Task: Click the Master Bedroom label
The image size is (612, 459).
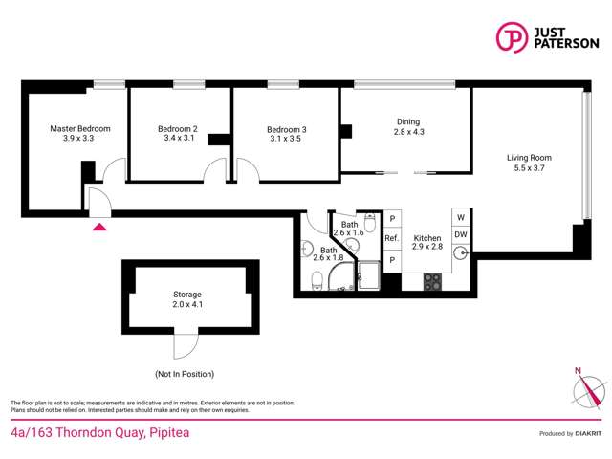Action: [x=80, y=128]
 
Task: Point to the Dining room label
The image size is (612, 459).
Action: [x=408, y=121]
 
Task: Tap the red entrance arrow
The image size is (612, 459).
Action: [x=98, y=226]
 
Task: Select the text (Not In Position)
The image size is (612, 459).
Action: [x=185, y=373]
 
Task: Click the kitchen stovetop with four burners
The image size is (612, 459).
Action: [x=431, y=282]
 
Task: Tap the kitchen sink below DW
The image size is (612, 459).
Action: [x=461, y=254]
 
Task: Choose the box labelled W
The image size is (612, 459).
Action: [x=461, y=216]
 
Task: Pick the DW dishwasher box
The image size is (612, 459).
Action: [x=461, y=234]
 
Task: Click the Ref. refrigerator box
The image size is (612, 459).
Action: [x=391, y=238]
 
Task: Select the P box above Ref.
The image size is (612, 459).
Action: [x=391, y=219]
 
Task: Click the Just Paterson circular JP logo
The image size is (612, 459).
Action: [x=512, y=36]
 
